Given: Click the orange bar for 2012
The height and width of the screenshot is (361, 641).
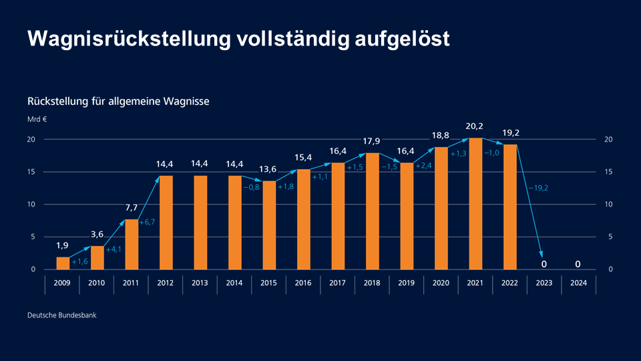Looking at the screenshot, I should click(166, 223).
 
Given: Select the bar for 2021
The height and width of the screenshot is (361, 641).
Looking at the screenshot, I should click(475, 204).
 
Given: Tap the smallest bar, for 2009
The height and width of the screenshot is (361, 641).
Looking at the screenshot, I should click(62, 263).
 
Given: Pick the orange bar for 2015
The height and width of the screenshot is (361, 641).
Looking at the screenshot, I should click(269, 225).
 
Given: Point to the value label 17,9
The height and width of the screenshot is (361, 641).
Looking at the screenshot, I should click(372, 141).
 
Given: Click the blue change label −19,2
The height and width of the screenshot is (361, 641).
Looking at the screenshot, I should click(538, 189).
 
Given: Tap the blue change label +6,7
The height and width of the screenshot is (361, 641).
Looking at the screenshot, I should click(147, 222).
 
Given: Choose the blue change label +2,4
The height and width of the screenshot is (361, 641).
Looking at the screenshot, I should click(424, 166).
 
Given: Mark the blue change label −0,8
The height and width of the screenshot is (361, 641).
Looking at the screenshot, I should click(251, 187).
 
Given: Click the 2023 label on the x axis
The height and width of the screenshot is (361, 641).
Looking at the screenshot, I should click(544, 283).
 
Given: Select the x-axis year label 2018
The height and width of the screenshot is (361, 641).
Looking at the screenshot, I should click(372, 283).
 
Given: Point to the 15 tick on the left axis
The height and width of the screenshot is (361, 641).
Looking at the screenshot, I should click(31, 172).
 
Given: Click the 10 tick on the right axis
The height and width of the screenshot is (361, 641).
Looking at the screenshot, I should click(608, 205).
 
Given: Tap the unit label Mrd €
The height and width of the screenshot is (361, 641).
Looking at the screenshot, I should click(37, 120).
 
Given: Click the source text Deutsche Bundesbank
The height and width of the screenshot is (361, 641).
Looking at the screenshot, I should click(61, 315).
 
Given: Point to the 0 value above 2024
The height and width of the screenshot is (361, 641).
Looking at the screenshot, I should click(578, 264).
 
